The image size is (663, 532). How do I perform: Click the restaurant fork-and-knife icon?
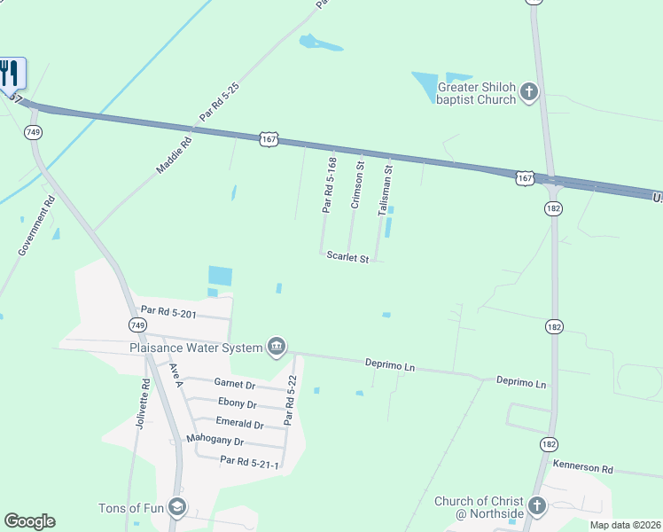[10, 73]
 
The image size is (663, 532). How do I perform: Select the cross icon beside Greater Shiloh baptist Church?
[529, 92]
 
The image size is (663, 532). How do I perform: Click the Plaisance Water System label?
[195, 348]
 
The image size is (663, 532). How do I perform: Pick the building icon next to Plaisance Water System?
[276, 347]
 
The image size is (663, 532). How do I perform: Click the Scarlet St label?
[347, 257]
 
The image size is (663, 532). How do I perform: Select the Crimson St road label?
[356, 185]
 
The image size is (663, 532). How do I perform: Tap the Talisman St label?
[385, 190]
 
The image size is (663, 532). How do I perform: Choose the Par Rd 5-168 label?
[329, 185]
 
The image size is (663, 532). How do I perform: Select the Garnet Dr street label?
[235, 384]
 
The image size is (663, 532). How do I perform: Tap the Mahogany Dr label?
[215, 440]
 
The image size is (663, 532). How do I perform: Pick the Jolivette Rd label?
[143, 404]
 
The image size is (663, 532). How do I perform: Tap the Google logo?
[29, 521]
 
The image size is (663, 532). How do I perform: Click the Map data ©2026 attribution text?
[625, 525]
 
